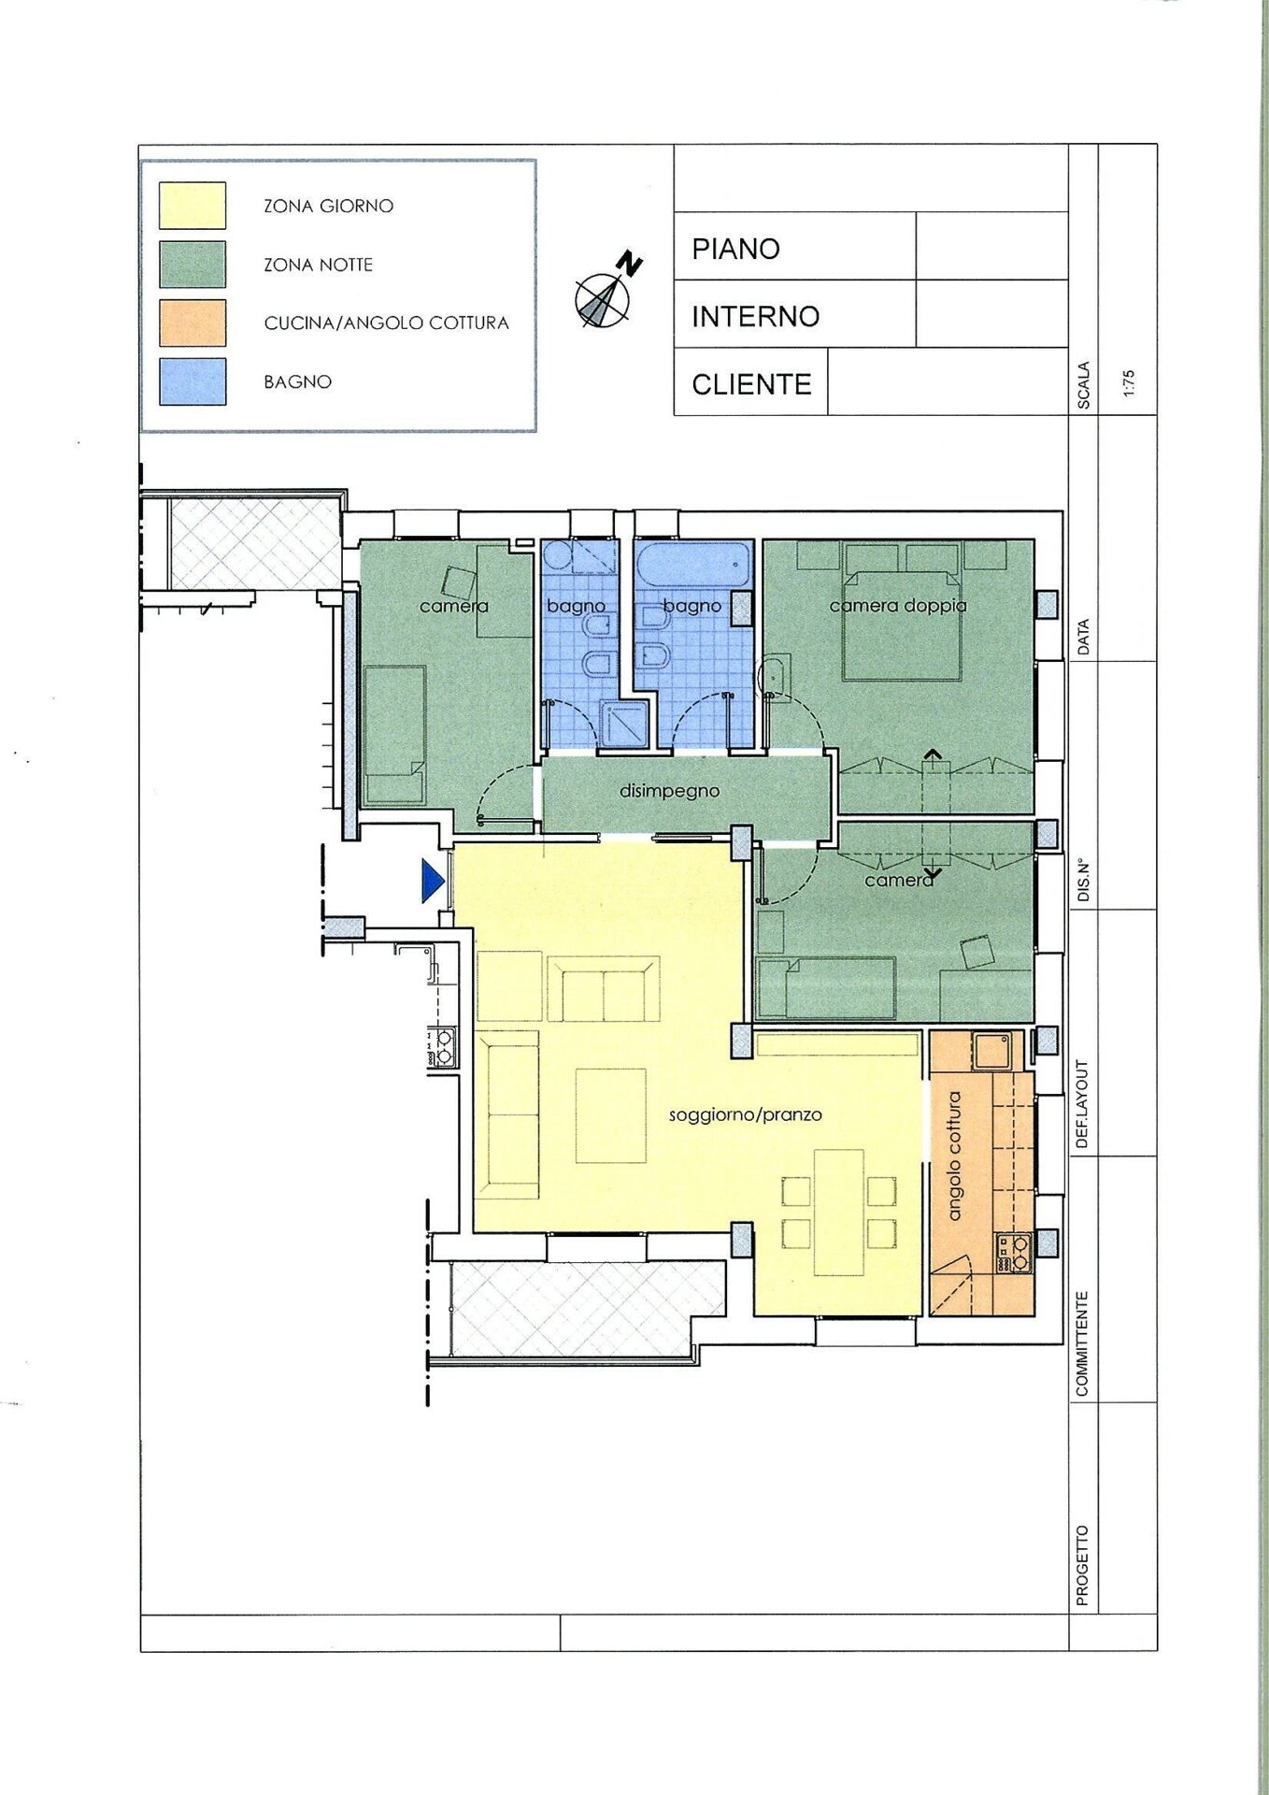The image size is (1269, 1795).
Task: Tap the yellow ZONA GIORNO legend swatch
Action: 192,206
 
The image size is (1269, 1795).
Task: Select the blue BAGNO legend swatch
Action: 192,381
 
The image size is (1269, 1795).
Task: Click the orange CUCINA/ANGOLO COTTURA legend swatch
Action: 192,323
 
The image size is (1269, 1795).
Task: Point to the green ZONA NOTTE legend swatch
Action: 192,265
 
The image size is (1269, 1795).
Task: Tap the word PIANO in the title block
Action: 735,249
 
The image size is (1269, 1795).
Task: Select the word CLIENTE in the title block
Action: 751,384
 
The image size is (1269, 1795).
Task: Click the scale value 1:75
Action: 1129,384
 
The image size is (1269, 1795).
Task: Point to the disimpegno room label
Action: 669,791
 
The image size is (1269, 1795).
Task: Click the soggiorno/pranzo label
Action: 746,1114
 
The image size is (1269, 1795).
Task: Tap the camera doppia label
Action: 898,606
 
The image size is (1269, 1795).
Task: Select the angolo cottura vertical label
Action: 954,1156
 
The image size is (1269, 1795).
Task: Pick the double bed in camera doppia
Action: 902,612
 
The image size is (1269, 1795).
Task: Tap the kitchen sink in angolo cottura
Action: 990,1051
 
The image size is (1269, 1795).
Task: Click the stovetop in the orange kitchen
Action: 1013,1254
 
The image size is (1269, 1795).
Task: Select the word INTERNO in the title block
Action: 755,317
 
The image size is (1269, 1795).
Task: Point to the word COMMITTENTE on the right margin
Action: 1082,1344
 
